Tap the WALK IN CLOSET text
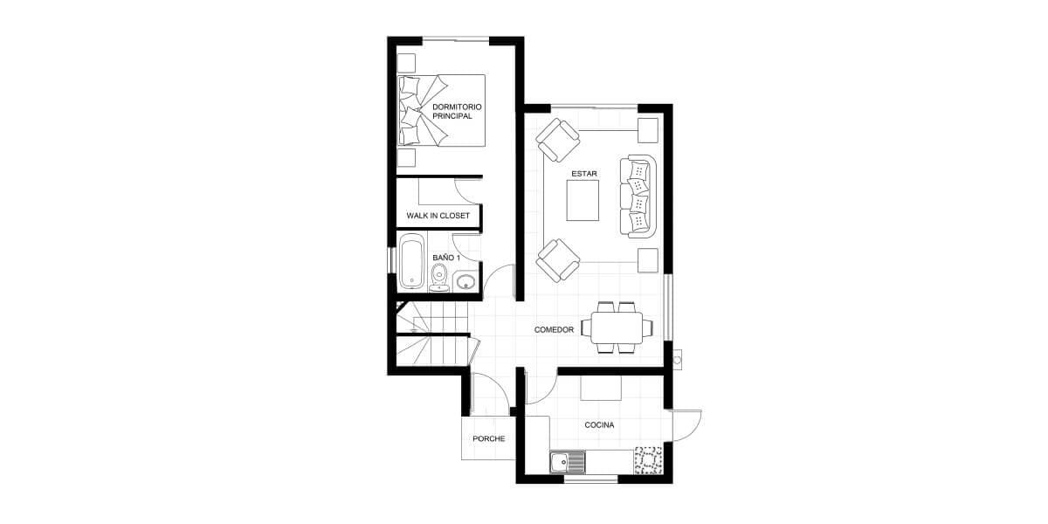coord(438,216)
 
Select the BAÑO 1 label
coord(446,258)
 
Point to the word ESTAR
coord(584,174)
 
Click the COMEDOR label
coord(554,330)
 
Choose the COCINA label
coord(599,424)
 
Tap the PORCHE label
coord(488,438)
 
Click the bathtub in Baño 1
coord(412,262)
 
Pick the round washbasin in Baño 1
coord(465,281)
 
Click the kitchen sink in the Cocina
coord(568,462)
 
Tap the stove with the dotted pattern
coord(648,461)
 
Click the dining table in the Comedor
coord(617,327)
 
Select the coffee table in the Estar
coord(583,200)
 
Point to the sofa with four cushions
coord(638,196)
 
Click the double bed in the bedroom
coord(441,110)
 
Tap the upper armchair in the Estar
coord(558,140)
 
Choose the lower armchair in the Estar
coord(558,260)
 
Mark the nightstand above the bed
coord(406,63)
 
